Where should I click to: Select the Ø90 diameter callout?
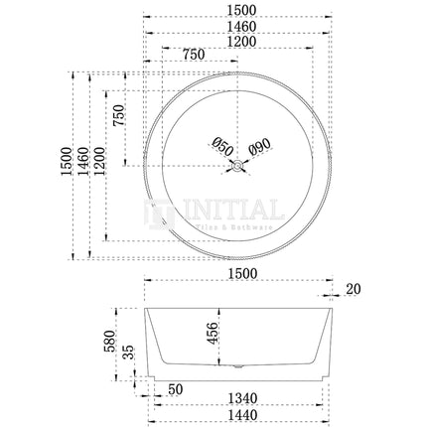258,148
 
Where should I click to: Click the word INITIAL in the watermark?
228,212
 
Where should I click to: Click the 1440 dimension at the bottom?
236,416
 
